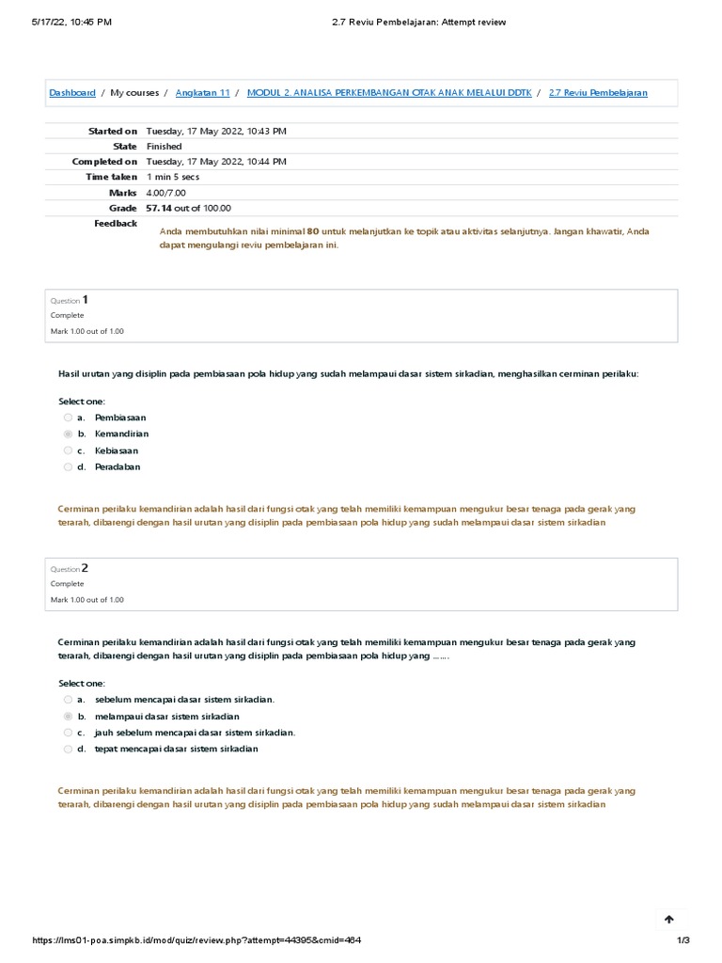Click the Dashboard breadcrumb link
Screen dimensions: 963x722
click(x=72, y=93)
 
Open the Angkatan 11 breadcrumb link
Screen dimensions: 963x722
click(x=202, y=93)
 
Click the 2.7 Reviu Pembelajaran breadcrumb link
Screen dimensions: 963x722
click(x=597, y=93)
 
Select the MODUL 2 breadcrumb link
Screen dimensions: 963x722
click(x=388, y=93)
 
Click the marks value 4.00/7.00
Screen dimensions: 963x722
click(x=166, y=193)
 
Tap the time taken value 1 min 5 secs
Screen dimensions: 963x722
click(x=173, y=177)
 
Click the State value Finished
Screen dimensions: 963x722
click(x=165, y=147)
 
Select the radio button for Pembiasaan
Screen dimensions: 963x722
click(x=68, y=418)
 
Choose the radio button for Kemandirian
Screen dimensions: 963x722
click(x=68, y=434)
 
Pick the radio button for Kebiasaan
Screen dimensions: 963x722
click(x=68, y=450)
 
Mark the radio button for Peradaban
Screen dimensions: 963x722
click(x=68, y=466)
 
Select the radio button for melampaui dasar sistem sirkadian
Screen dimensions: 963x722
click(x=68, y=717)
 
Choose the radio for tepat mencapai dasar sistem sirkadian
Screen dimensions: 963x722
click(x=68, y=750)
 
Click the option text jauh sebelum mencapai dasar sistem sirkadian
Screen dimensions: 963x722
click(x=195, y=733)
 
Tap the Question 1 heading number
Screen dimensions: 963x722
click(x=86, y=300)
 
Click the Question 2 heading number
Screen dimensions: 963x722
click(x=86, y=568)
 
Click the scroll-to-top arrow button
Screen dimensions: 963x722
click(x=669, y=919)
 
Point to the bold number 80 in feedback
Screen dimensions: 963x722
click(x=313, y=231)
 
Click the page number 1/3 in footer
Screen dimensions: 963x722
click(x=683, y=940)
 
